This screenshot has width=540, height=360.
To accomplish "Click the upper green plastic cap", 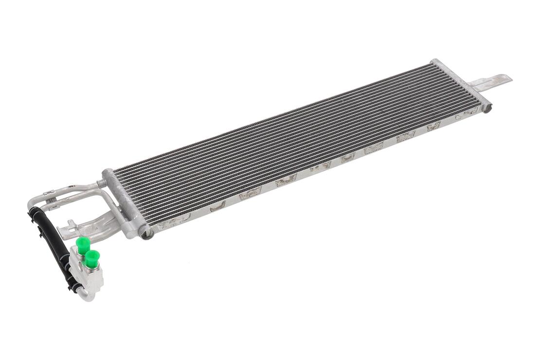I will click(83, 244).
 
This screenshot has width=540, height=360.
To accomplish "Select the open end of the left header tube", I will click(145, 234).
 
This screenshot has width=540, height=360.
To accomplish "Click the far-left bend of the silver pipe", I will click(31, 202).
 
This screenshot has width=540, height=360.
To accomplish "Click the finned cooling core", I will click(292, 136).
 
